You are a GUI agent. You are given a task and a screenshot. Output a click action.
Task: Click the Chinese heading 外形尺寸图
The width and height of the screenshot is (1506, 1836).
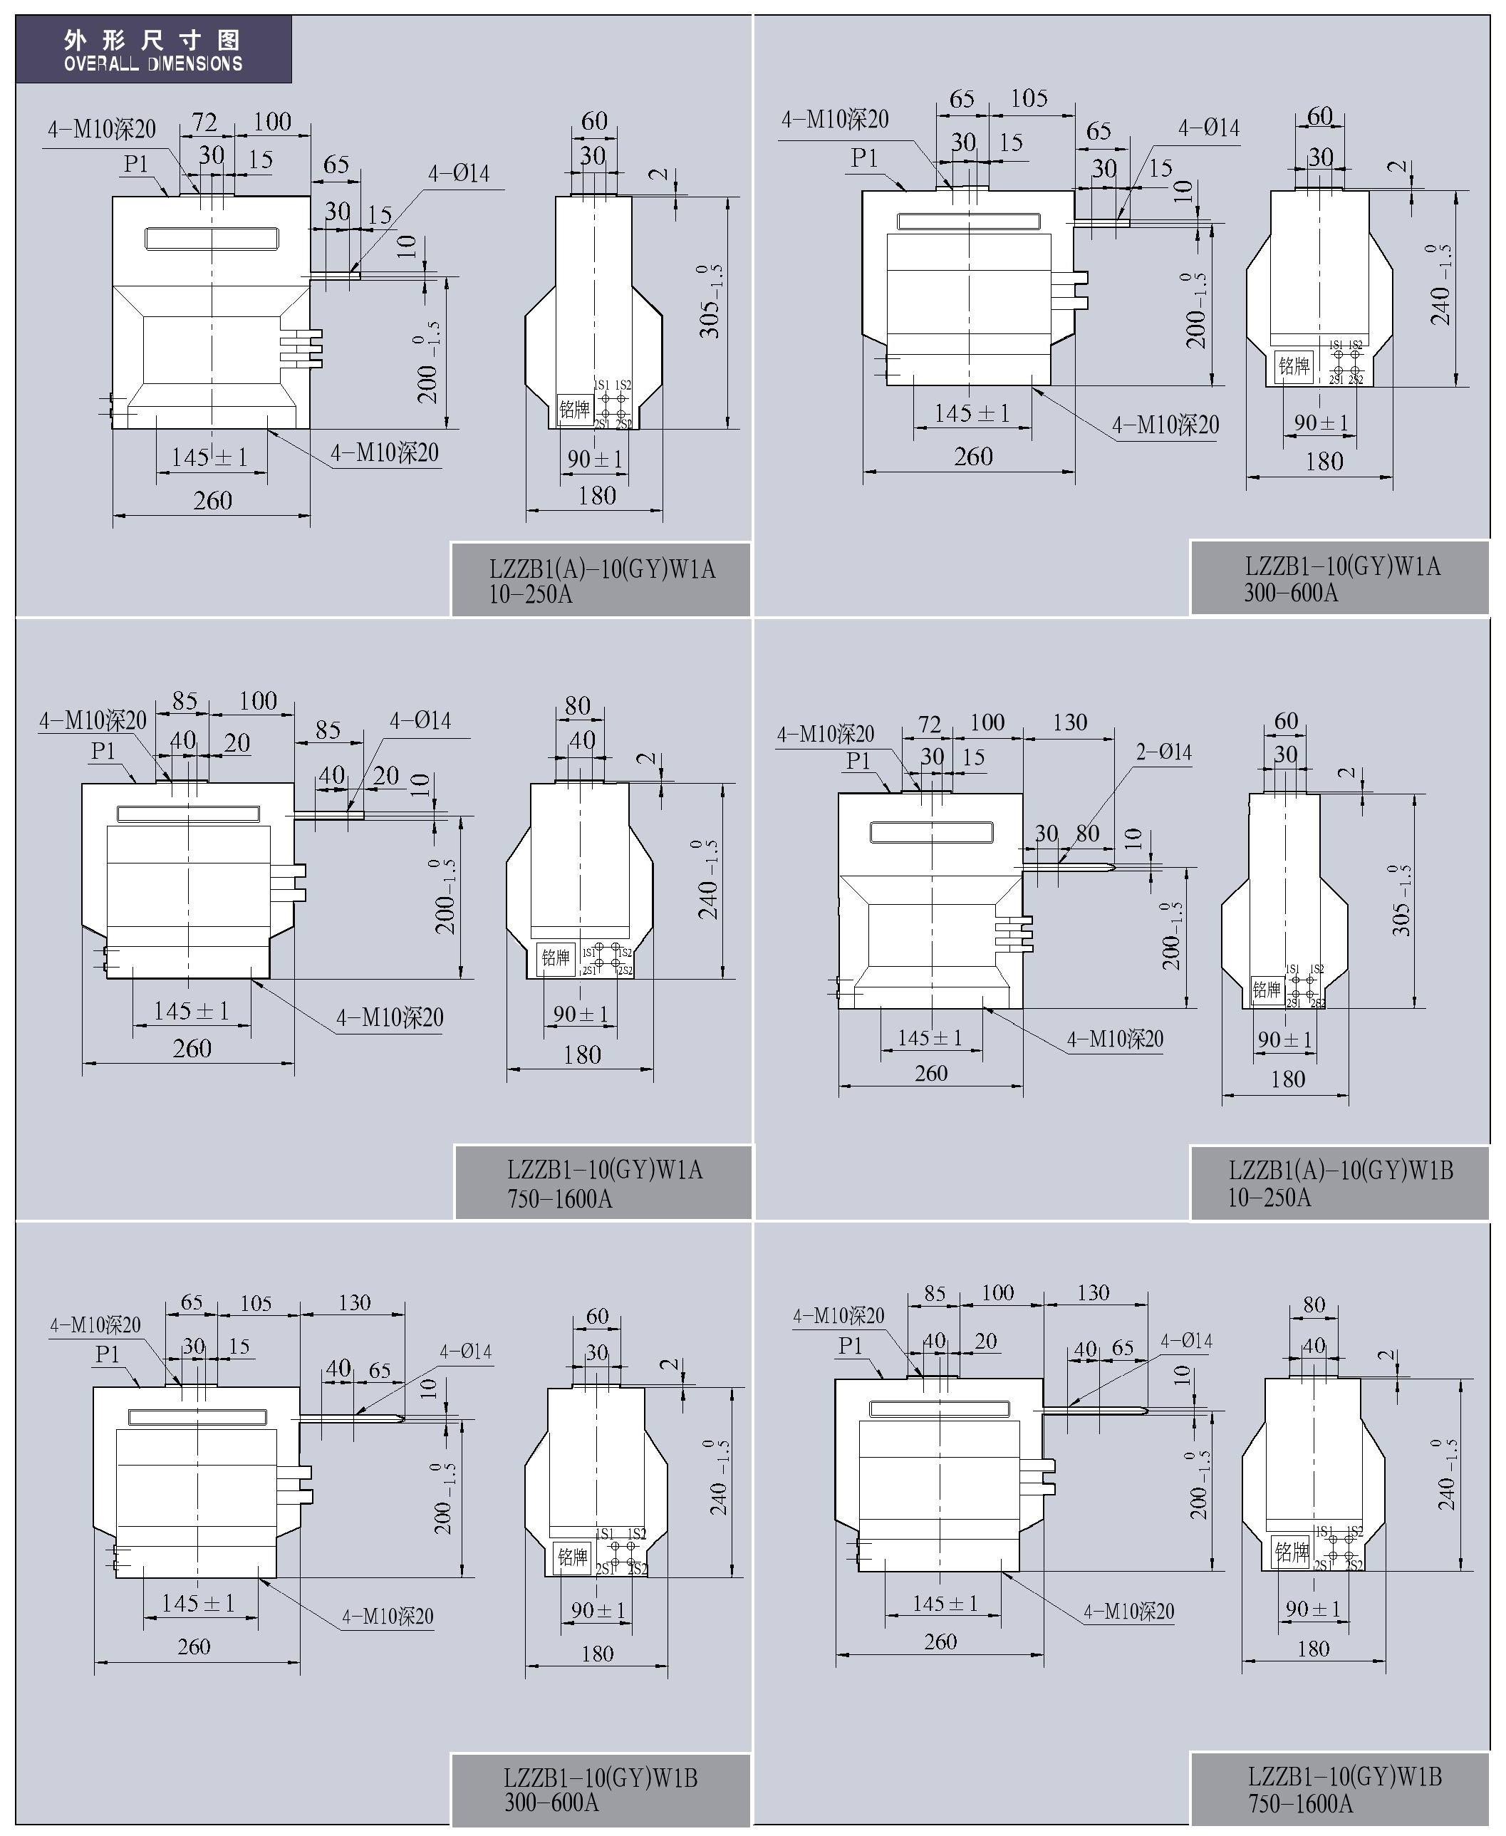[x=152, y=40]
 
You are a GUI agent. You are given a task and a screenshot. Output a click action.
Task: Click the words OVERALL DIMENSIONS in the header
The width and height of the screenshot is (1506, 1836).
[x=152, y=63]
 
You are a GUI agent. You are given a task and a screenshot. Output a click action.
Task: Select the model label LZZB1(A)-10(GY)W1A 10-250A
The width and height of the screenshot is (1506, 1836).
[x=602, y=581]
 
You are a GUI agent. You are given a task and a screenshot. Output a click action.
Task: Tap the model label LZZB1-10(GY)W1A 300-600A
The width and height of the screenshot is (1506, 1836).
[x=1342, y=580]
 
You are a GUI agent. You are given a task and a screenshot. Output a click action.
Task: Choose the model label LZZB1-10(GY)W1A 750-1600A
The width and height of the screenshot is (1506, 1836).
[x=605, y=1184]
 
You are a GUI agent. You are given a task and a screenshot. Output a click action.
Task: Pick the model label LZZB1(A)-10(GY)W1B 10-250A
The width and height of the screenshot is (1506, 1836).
[x=1340, y=1184]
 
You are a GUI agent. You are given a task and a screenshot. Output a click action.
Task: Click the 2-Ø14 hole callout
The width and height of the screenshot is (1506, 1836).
[x=1164, y=752]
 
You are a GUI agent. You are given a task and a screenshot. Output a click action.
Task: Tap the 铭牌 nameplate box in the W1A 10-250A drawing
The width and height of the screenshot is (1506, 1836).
[x=574, y=410]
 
